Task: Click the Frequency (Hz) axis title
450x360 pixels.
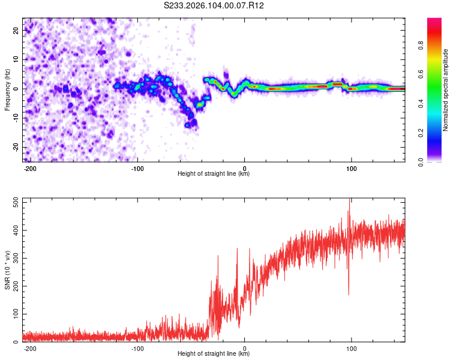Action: coord(7,90)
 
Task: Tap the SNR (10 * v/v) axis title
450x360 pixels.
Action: coord(7,270)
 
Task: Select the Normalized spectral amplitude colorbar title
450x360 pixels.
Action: coord(446,90)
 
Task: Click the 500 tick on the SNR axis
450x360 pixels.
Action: coord(13,202)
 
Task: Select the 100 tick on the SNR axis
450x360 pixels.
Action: coord(13,314)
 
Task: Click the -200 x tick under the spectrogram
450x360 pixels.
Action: coord(31,169)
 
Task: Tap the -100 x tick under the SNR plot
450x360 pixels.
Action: coord(137,349)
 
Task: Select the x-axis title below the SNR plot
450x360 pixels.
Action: coord(214,354)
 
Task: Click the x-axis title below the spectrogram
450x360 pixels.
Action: coord(214,174)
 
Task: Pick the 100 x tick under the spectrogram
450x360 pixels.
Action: coord(352,169)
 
